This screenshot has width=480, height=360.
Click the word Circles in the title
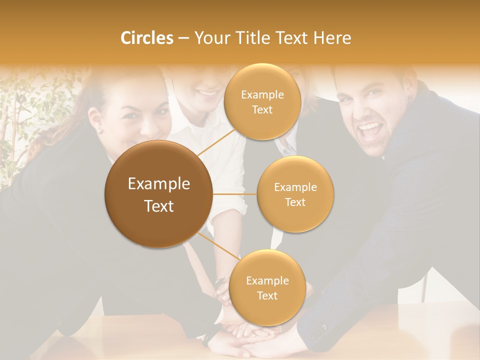click(146, 38)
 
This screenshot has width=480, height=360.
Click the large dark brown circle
click(158, 194)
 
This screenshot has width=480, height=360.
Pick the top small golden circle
click(262, 101)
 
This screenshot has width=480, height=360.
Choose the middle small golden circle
click(295, 194)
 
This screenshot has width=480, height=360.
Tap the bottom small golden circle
click(267, 287)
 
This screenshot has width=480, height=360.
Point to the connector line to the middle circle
click(234, 194)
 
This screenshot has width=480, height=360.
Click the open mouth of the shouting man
click(369, 131)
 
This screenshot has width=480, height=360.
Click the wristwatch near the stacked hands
click(221, 281)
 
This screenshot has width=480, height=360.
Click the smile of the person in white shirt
click(206, 92)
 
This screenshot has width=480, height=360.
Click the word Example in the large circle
click(158, 184)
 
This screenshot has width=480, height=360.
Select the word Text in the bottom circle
click(267, 295)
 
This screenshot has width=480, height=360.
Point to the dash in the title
click(183, 38)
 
